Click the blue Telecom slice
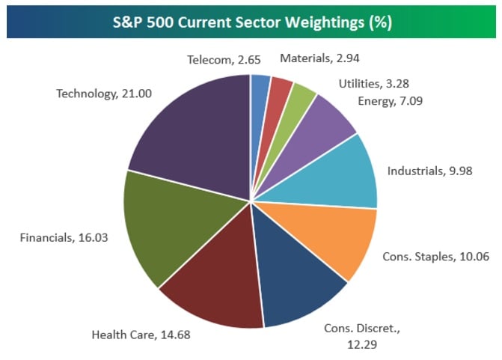260,90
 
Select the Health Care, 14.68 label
141,335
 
